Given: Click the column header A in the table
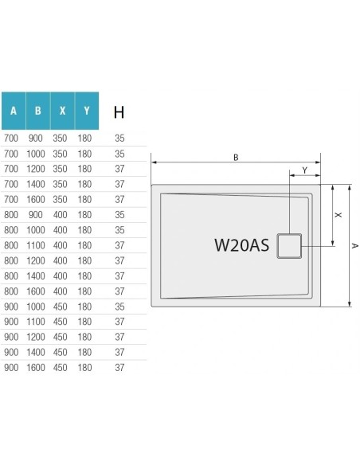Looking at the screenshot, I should (x=13, y=111).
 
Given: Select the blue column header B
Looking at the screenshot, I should (x=37, y=111).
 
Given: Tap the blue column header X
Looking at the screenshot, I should (x=61, y=111).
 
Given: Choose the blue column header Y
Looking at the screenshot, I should (x=86, y=111).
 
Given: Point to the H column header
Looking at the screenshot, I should (x=119, y=111).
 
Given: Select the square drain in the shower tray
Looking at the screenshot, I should (x=288, y=245).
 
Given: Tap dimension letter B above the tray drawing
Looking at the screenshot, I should (x=236, y=158).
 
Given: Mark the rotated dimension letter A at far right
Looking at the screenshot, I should (x=354, y=246).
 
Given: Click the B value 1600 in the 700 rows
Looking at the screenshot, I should (x=37, y=199).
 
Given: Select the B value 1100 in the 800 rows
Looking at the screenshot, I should (x=37, y=244).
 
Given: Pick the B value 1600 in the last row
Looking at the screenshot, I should (x=37, y=367).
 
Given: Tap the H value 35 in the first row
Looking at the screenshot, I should (x=119, y=138).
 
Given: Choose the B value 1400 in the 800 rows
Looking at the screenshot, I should (x=37, y=275).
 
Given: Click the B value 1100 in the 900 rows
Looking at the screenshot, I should (x=37, y=321).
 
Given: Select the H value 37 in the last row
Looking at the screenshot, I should (x=119, y=367).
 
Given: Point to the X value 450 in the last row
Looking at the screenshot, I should (x=61, y=367).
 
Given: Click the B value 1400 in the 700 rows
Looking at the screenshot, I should (x=37, y=184).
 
